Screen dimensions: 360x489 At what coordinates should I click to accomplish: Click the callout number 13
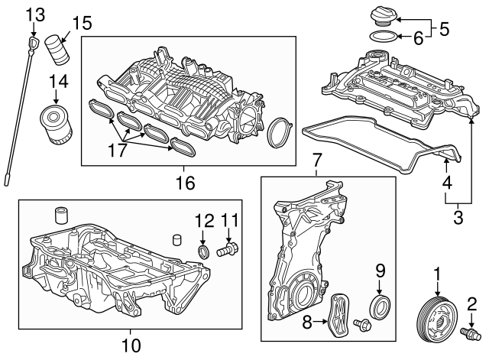(35, 14)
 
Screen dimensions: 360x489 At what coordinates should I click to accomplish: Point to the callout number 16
(186, 183)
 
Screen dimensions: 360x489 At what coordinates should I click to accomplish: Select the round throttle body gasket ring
(280, 135)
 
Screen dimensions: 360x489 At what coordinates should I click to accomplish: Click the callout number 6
(419, 36)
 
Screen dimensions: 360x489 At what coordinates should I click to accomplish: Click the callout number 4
(446, 183)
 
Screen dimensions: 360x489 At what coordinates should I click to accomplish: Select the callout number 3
(457, 217)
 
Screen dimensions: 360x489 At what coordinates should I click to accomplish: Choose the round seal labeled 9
(379, 307)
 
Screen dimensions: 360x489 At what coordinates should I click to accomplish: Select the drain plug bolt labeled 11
(228, 249)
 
